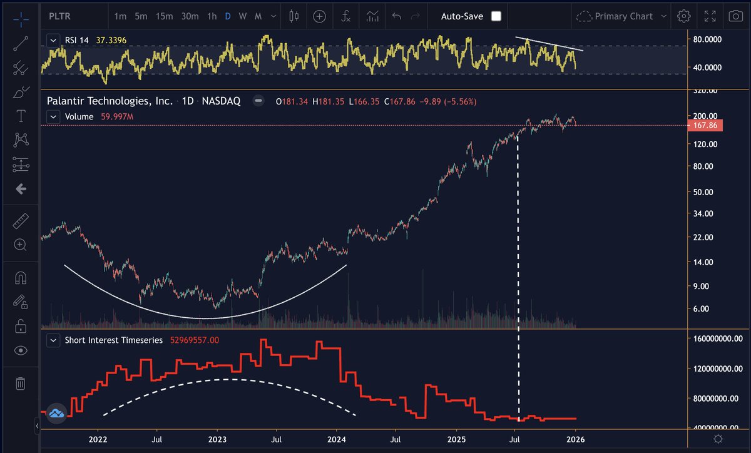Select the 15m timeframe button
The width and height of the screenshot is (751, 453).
[164, 16]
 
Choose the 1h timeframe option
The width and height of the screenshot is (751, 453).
[212, 16]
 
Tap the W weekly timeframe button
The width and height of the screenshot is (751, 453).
[243, 16]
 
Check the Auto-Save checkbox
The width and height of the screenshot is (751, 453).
[496, 16]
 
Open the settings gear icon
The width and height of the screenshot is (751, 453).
[684, 16]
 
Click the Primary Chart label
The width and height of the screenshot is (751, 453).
[623, 16]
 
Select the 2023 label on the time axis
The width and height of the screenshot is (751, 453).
[217, 440]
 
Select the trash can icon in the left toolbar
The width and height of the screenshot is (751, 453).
[20, 383]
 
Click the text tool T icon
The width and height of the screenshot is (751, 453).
[20, 116]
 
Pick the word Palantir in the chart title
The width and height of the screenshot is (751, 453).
[68, 101]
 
